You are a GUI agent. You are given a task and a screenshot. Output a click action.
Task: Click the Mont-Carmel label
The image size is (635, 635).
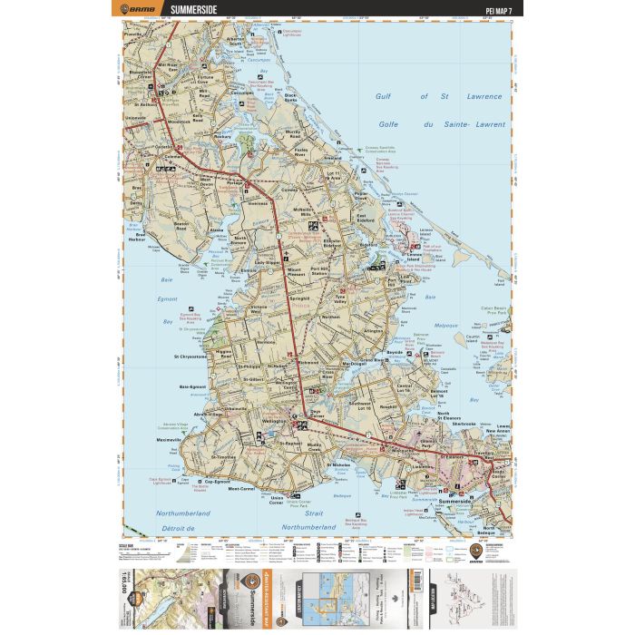[x=245, y=490]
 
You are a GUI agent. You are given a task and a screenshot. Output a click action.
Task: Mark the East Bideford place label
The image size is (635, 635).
[x=366, y=216]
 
